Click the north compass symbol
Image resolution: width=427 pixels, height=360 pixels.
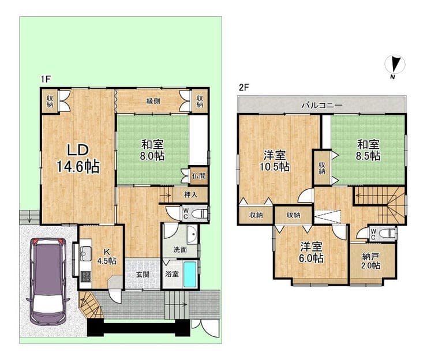click(395, 66)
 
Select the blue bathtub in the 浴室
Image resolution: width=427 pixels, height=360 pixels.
click(190, 274)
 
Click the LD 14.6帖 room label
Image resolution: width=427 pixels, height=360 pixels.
click(78, 159)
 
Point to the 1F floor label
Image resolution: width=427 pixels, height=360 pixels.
click(46, 79)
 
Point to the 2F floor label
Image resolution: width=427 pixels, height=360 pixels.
click(244, 88)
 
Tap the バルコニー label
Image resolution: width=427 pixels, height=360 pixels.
click(322, 105)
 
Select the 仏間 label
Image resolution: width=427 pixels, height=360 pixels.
click(198, 176)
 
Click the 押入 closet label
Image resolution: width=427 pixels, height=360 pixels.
click(190, 194)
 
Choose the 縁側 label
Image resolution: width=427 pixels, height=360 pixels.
click(153, 101)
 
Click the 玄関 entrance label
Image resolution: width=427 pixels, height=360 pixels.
click(143, 275)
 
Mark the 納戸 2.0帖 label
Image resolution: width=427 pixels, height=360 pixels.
click(370, 261)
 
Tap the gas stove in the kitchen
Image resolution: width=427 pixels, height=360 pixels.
click(87, 277)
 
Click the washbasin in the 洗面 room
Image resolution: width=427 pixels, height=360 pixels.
click(192, 234)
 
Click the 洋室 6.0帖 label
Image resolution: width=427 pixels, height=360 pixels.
click(312, 253)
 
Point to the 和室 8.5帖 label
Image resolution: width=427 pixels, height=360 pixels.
click(368, 150)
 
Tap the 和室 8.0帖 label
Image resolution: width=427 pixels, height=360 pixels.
click(152, 150)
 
